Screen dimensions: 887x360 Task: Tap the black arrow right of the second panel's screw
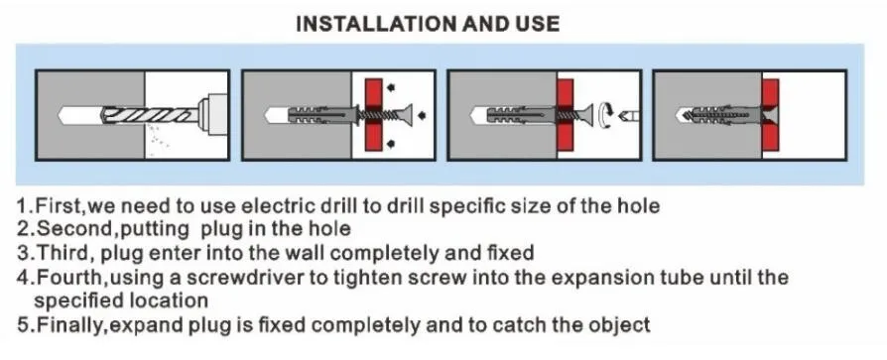point(422,115)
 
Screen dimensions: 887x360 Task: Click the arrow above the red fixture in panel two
point(390,87)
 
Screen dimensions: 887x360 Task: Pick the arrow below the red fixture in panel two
point(390,145)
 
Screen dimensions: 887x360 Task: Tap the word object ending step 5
point(620,325)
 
